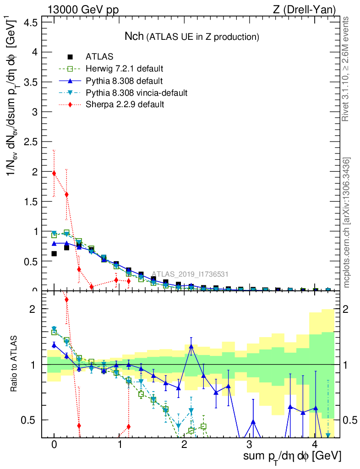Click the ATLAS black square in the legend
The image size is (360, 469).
[70, 57]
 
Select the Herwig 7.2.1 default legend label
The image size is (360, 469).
[125, 69]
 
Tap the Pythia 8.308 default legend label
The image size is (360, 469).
[124, 81]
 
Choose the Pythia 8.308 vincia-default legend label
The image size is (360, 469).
[136, 93]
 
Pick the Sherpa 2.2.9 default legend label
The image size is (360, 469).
[125, 104]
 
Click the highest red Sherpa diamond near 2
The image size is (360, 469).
[54, 173]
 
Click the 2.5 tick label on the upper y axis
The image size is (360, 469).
[31, 142]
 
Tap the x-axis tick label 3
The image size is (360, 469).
[249, 444]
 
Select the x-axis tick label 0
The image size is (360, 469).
[54, 444]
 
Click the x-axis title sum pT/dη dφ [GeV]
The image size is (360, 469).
[292, 457]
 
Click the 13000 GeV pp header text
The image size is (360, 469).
[80, 10]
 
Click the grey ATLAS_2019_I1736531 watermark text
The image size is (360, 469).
[190, 274]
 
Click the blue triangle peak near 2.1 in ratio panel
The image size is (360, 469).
[191, 346]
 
